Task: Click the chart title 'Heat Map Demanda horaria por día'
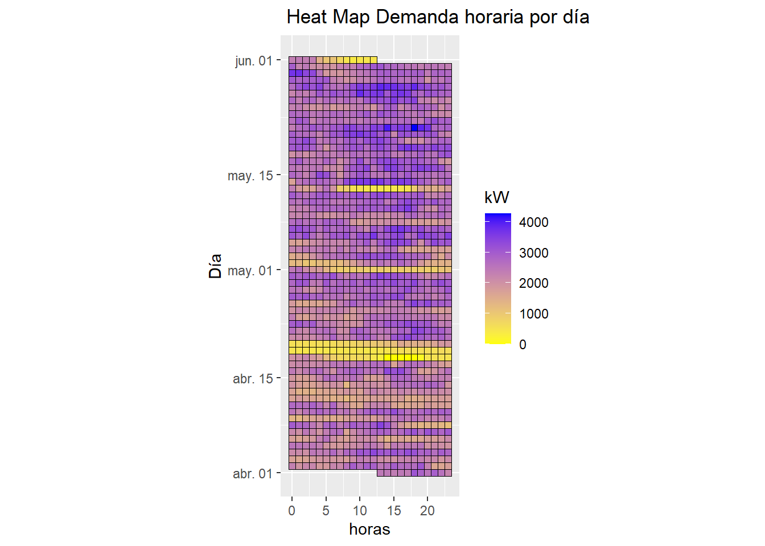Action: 438,17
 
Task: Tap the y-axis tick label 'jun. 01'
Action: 254,61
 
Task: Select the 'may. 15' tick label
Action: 250,176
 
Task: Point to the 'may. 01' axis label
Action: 250,271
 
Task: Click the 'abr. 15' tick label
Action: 253,379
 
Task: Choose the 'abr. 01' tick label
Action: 253,474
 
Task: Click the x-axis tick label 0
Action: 292,511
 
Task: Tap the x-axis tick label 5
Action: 326,511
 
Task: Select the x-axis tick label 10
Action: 360,511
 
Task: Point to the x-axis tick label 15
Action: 394,511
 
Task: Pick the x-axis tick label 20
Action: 427,511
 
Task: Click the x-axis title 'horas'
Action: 369,530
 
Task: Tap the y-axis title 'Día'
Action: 215,266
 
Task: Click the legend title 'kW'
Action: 496,197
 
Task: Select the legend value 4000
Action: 534,222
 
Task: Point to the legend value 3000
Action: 534,253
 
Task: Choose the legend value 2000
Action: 534,283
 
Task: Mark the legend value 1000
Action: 534,314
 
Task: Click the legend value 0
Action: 523,345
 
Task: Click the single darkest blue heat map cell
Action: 414,127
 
